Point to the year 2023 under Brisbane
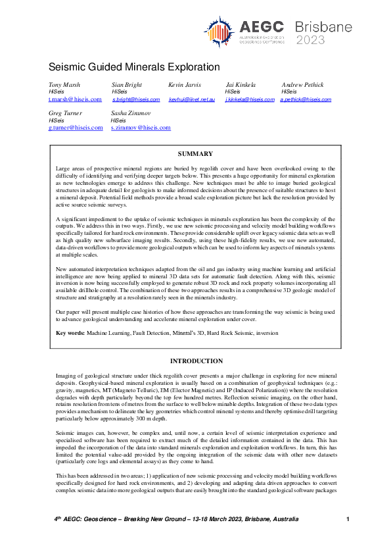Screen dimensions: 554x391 tap(310, 39)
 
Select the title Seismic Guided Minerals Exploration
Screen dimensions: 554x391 tap(134, 67)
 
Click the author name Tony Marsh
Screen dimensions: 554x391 tap(64, 86)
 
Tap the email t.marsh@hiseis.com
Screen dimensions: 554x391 tap(75, 99)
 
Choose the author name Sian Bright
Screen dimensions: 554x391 tap(126, 86)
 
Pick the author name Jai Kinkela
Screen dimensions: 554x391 tap(241, 86)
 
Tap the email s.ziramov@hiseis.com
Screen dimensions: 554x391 tap(141, 128)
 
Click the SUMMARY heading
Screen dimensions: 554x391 tap(195, 154)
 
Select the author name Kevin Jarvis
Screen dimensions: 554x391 tap(185, 86)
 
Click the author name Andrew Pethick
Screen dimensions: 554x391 tap(302, 86)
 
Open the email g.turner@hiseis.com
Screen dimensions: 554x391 tap(76, 128)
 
